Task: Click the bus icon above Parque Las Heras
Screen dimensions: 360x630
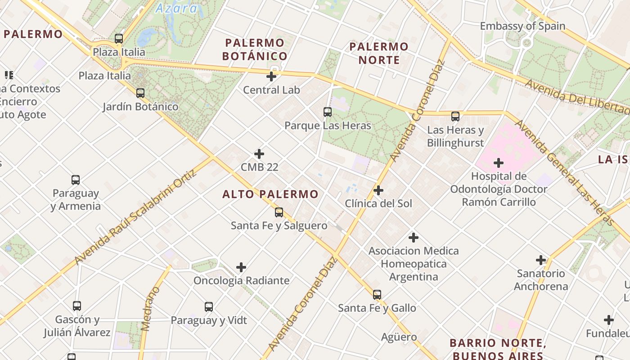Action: pos(328,112)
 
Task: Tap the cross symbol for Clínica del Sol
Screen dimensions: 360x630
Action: pos(378,190)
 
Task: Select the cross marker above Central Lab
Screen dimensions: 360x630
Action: pos(271,76)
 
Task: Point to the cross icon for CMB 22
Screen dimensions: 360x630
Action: pos(259,154)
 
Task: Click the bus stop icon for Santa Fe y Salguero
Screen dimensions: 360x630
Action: pos(279,212)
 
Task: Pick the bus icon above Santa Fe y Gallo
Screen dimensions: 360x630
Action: pos(377,295)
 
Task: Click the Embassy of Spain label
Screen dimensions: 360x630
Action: pos(522,26)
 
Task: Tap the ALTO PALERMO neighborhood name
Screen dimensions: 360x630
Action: pos(270,194)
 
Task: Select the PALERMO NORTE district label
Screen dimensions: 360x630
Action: pos(379,53)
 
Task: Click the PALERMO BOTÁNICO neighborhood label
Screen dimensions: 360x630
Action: pos(255,49)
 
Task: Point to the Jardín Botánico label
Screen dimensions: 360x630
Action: pos(140,107)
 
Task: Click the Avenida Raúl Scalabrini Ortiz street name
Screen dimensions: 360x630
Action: pos(136,217)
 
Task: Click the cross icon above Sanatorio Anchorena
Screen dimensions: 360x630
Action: pos(541,260)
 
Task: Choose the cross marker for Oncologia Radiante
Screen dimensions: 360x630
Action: pos(241,268)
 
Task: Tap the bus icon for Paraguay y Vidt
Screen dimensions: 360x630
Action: pos(209,307)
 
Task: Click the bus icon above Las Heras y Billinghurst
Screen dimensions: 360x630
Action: pos(455,117)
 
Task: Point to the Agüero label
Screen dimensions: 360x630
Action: pos(399,337)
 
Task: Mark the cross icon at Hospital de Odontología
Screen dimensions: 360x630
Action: pos(499,162)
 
